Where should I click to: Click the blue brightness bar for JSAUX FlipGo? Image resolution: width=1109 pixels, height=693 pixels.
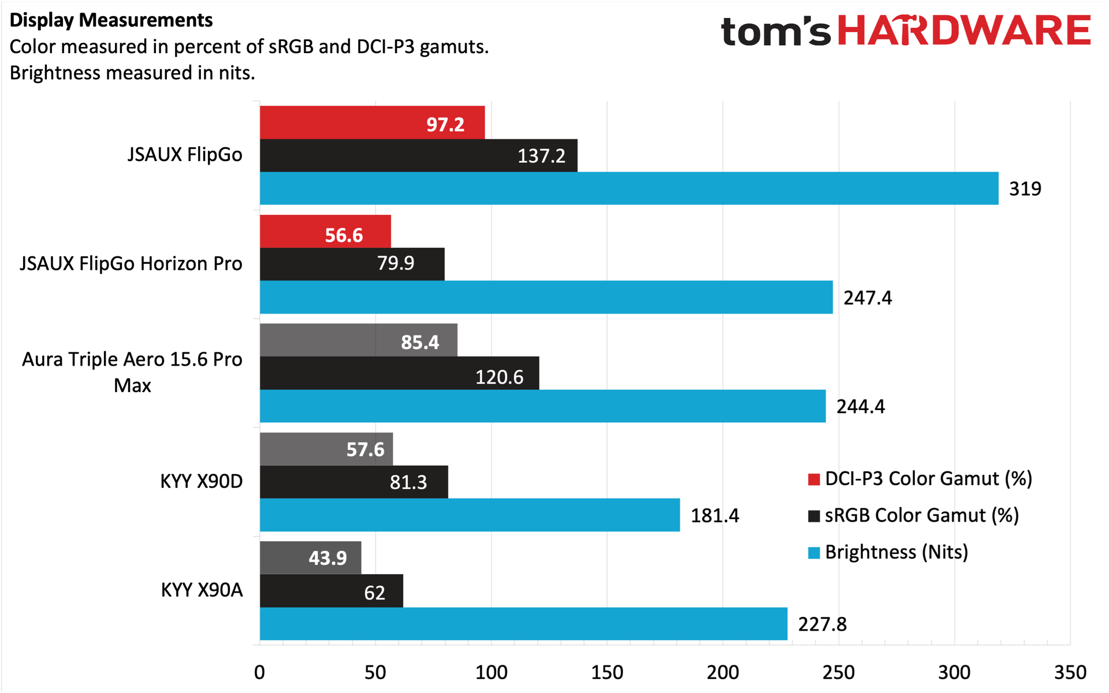coord(629,188)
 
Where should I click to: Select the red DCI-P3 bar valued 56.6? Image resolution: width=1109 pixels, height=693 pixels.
coord(325,232)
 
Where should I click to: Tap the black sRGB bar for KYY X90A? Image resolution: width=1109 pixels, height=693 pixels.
coord(332,591)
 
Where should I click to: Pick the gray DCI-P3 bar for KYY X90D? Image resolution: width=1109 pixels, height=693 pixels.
coord(326,449)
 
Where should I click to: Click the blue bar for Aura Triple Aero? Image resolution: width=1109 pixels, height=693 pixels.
coord(543,406)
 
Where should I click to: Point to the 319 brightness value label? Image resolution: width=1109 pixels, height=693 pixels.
coord(1025,189)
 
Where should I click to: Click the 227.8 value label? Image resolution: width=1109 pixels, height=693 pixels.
coord(823,624)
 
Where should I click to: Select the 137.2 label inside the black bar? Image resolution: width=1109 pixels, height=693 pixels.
coord(541,156)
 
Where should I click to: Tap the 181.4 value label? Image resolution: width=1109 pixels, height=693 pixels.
coord(715,515)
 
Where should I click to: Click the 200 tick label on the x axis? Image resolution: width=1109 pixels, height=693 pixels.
coord(723,672)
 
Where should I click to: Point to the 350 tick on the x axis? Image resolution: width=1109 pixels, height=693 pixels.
coord(1070,672)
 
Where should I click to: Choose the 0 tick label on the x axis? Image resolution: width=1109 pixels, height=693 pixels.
coord(259,672)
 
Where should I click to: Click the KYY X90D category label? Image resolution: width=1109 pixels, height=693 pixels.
coord(202,481)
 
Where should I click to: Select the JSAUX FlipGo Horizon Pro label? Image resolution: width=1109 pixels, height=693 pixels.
coord(131,263)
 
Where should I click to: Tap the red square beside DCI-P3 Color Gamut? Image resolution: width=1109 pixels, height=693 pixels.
coord(814,479)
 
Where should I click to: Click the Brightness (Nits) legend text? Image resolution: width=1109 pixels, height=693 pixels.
coord(896,552)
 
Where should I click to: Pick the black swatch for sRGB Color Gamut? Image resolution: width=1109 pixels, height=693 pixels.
coord(814,516)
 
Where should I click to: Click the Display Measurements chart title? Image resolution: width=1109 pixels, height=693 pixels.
coord(111,20)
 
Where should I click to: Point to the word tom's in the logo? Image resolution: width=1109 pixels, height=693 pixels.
coord(776,32)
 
